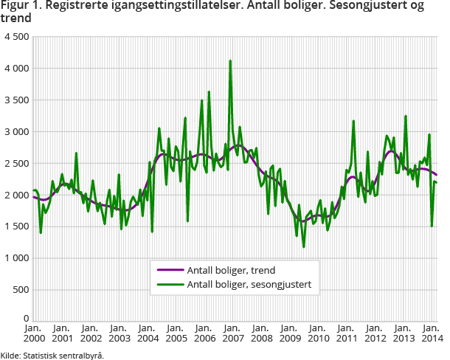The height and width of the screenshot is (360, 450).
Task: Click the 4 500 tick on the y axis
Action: click(15, 36)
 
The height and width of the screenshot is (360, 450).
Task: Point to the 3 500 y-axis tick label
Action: click(15, 100)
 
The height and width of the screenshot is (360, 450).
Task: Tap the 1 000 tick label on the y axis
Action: click(15, 258)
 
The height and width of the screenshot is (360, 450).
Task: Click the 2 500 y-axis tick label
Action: click(15, 163)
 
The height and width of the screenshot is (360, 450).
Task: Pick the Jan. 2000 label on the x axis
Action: click(32, 333)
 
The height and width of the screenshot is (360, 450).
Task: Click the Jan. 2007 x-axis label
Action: click(232, 333)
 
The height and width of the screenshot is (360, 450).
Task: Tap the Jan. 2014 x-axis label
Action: click(432, 333)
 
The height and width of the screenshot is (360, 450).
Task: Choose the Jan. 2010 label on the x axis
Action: click(317, 333)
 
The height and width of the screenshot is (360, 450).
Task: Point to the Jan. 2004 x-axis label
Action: click(146, 333)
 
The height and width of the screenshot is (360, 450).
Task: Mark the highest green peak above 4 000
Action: click(231, 61)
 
